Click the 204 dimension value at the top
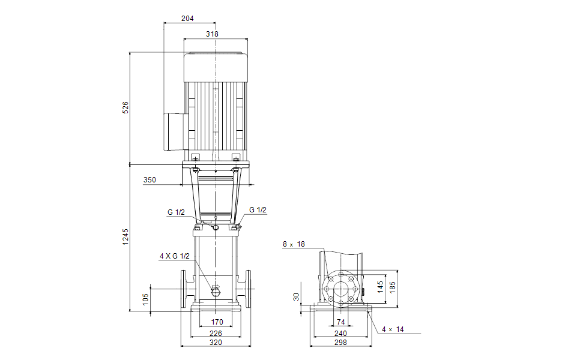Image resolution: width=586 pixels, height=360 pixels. tap(187, 19)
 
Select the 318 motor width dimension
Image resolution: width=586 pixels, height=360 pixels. tap(212, 34)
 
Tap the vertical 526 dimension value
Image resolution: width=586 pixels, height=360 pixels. tap(125, 107)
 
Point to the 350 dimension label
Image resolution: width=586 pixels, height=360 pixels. tap(150, 179)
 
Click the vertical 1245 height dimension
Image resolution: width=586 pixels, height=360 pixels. tap(125, 236)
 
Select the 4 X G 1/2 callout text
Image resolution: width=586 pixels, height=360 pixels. tap(174, 256)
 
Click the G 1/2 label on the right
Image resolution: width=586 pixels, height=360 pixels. tap(258, 210)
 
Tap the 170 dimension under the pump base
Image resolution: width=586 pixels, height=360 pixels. tap(217, 322)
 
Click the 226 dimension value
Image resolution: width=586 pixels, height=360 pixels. tap(216, 333)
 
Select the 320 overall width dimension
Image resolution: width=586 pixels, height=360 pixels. tap(216, 343)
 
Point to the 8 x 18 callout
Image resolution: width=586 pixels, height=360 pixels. tap(294, 244)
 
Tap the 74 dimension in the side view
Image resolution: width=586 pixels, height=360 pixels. tap(341, 322)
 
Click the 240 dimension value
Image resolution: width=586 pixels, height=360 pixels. tap(341, 333)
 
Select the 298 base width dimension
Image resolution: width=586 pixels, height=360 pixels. tap(341, 343)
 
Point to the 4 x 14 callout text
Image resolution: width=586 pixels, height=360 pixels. tap(393, 329)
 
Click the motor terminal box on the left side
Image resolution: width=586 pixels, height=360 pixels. tap(175, 130)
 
